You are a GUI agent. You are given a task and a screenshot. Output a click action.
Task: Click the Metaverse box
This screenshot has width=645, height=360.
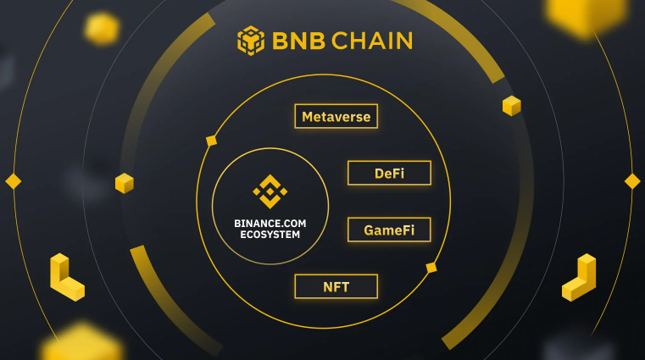click(x=336, y=116)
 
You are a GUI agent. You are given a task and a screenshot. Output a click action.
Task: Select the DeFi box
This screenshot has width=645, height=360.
click(x=389, y=173)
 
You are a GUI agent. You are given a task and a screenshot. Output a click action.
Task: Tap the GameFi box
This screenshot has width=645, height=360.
click(x=389, y=230)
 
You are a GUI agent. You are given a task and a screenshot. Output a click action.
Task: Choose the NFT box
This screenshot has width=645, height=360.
click(x=336, y=286)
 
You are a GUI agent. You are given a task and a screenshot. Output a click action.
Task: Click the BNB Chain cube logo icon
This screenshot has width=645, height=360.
click(x=251, y=41)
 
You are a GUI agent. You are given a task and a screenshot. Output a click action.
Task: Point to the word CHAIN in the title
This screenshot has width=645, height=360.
click(x=372, y=41)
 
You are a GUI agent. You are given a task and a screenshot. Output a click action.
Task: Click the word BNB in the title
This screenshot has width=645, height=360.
click(x=298, y=41)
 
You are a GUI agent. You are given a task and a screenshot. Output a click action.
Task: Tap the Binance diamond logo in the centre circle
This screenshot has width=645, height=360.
click(x=270, y=191)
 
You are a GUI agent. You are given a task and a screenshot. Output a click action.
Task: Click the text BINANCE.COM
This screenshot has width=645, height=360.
click(x=270, y=223)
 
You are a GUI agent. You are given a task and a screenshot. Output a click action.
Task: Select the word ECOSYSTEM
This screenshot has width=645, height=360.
click(x=270, y=235)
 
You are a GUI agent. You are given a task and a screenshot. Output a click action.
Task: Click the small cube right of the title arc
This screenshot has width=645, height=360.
click(x=512, y=106)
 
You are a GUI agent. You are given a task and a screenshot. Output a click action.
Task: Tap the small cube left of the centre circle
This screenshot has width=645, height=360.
click(x=125, y=183)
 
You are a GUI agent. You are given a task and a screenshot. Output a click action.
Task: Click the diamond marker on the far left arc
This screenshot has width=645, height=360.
click(x=14, y=181)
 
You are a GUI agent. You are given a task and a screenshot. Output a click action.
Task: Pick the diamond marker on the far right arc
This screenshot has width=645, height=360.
click(x=632, y=181)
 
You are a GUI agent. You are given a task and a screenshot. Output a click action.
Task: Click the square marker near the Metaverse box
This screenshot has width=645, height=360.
click(x=211, y=141)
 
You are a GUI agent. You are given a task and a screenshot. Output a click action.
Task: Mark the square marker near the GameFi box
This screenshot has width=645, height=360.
click(x=431, y=268)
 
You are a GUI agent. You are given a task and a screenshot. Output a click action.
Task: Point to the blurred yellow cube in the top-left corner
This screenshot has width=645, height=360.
click(x=102, y=28)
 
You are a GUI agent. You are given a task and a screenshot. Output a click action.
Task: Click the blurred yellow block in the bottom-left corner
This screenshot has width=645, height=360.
click(x=81, y=342)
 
